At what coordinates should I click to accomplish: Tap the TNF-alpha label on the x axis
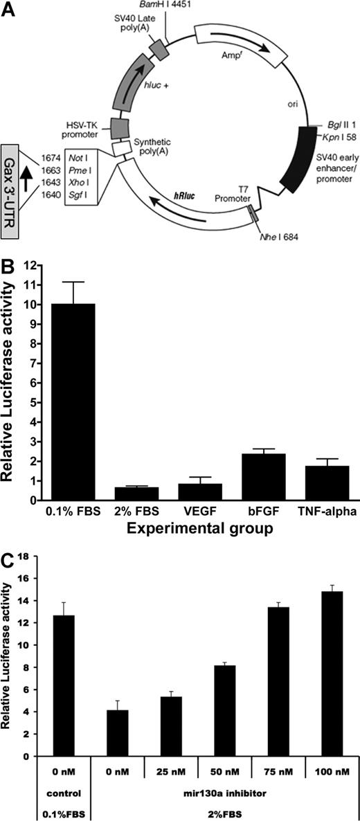316,512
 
